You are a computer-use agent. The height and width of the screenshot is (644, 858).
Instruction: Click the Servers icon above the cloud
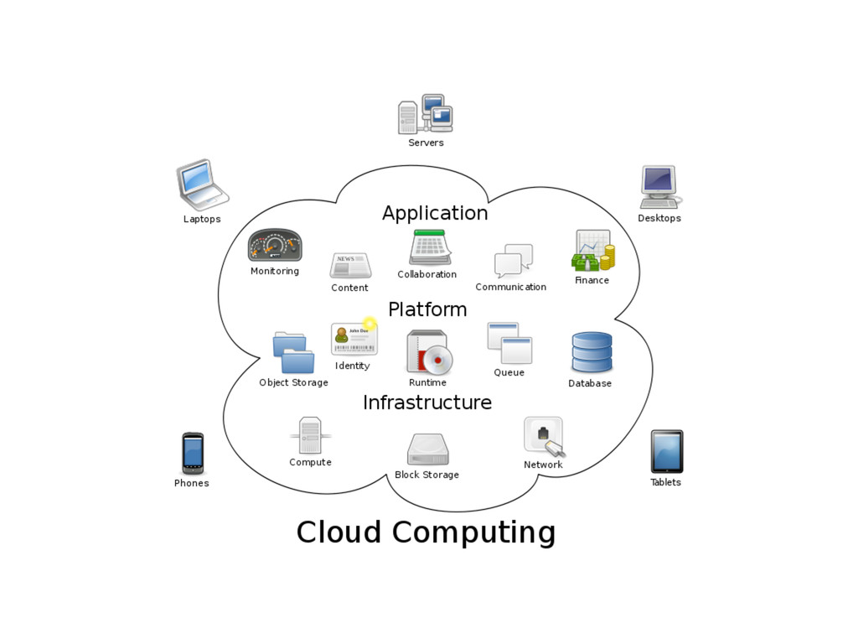click(426, 114)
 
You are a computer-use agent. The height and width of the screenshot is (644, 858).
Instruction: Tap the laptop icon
click(201, 184)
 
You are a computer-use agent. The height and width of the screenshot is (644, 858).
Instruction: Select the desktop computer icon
click(659, 186)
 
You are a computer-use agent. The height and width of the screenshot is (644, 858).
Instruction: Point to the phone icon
click(193, 453)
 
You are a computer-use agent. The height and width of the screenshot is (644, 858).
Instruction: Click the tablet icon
click(667, 451)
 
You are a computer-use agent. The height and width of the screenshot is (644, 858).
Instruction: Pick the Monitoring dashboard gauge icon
click(275, 246)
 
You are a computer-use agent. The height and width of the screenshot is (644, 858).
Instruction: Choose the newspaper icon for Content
click(350, 265)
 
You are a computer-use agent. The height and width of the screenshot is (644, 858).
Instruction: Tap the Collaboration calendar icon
click(431, 247)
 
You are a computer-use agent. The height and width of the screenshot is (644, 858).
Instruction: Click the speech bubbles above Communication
click(513, 261)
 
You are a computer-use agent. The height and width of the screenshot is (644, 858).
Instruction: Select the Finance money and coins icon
click(593, 251)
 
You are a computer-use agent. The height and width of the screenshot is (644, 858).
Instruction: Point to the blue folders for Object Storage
click(293, 353)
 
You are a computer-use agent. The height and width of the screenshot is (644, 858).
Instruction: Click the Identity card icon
click(354, 338)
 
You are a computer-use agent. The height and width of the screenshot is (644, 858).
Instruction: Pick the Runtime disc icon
click(429, 352)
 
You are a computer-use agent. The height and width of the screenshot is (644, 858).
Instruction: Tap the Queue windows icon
click(509, 343)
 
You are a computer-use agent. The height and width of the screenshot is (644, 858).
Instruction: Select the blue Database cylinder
click(592, 352)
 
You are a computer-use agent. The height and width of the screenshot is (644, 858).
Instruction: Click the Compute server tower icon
click(310, 435)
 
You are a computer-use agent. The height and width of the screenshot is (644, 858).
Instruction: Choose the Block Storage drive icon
click(427, 450)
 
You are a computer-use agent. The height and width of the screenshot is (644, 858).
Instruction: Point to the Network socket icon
click(544, 436)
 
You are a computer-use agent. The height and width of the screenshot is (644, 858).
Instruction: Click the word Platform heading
click(427, 309)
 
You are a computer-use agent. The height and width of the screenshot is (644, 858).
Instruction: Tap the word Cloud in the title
click(339, 532)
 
